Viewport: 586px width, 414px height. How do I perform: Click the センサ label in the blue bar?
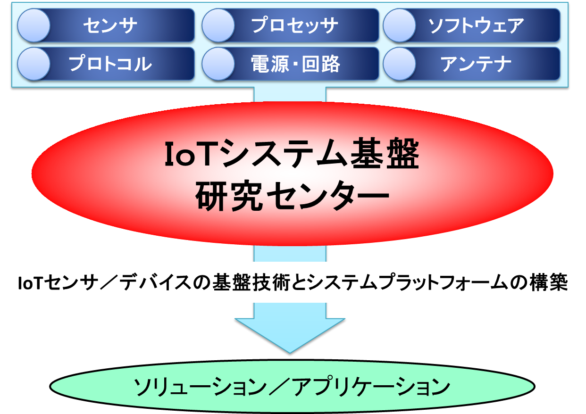[x=110, y=25]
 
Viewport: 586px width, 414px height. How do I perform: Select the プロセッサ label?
[x=295, y=25]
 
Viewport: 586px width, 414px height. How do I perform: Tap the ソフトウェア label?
[x=476, y=25]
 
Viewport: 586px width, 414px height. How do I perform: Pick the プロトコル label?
[x=110, y=64]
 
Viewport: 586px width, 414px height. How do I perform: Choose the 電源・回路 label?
[x=295, y=64]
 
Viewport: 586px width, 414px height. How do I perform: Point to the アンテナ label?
[x=476, y=64]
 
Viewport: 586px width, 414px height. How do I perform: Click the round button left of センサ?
[x=34, y=25]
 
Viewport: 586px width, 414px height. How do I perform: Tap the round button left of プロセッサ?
[x=218, y=25]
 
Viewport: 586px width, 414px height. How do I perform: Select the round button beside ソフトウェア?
[x=400, y=25]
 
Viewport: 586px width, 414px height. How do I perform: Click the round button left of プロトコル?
[x=34, y=64]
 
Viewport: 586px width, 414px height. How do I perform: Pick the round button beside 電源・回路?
[x=218, y=64]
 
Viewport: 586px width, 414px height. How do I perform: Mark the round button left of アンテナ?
[x=400, y=64]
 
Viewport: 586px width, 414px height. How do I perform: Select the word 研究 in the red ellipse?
[x=229, y=196]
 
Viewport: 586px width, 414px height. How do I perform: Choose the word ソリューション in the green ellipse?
[x=200, y=387]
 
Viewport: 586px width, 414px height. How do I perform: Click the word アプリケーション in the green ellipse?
[x=371, y=387]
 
